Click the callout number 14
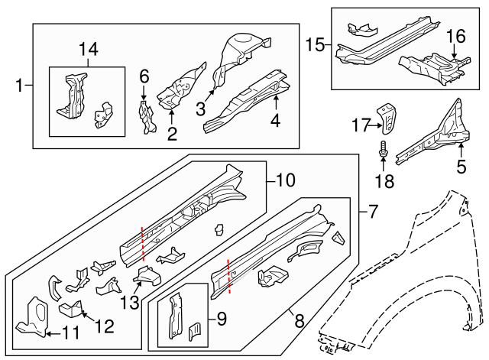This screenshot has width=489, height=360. point(89,49)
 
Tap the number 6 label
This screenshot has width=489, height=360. point(144,76)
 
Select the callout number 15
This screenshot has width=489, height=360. point(315,45)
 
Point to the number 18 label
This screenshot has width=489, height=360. point(384,181)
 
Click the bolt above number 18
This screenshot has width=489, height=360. point(383,149)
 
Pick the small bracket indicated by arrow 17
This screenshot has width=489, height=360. point(387,119)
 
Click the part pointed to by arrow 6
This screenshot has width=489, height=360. point(147,117)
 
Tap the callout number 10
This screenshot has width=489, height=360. point(285,180)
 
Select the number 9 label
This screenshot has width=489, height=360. point(222,319)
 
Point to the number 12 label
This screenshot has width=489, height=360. point(105,326)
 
